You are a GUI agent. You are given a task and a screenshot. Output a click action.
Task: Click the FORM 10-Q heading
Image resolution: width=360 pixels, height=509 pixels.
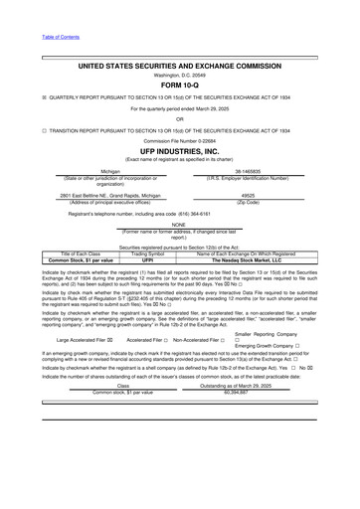(x=179, y=85)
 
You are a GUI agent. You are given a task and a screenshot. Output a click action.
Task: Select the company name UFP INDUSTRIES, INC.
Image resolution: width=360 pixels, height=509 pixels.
(x=179, y=149)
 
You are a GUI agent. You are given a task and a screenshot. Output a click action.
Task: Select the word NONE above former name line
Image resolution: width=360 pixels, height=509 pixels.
(x=179, y=224)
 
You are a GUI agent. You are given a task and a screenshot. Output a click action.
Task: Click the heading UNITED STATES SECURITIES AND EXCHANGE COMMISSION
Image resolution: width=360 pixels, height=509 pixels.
(x=179, y=65)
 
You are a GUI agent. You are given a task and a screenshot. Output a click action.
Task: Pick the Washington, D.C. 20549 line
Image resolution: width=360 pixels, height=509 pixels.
(x=179, y=75)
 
